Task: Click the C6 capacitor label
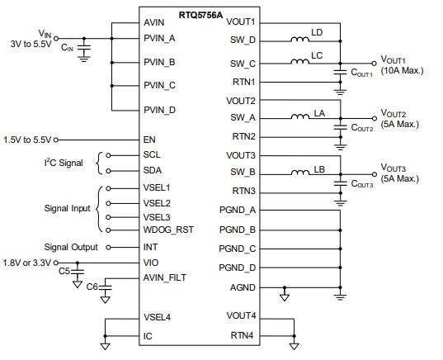click(92, 287)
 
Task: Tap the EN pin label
click(149, 139)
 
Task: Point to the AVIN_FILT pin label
click(164, 278)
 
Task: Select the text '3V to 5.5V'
click(32, 43)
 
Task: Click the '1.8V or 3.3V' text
click(29, 262)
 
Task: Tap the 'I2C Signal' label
click(62, 163)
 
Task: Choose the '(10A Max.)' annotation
click(402, 71)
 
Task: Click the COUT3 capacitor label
click(364, 186)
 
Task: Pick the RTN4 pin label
click(242, 336)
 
